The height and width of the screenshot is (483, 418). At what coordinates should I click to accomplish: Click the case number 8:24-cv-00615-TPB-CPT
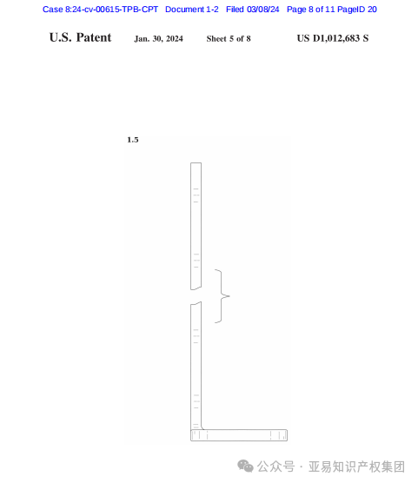coord(111,10)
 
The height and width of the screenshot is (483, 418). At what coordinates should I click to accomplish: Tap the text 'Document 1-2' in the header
coord(192,10)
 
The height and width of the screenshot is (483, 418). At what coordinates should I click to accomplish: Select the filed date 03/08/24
coord(263,10)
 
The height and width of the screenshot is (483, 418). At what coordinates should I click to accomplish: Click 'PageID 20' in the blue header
coord(357,10)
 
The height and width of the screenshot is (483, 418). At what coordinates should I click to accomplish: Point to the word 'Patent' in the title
coord(94,37)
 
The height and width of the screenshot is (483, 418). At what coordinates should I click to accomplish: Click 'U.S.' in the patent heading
coord(61,37)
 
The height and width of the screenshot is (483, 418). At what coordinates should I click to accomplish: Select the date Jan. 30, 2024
coord(158,39)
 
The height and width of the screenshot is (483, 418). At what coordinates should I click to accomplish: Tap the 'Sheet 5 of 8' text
coord(229,39)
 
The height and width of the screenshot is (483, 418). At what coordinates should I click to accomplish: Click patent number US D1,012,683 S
coord(333,38)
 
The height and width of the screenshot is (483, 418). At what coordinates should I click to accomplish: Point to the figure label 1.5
coord(133,140)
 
